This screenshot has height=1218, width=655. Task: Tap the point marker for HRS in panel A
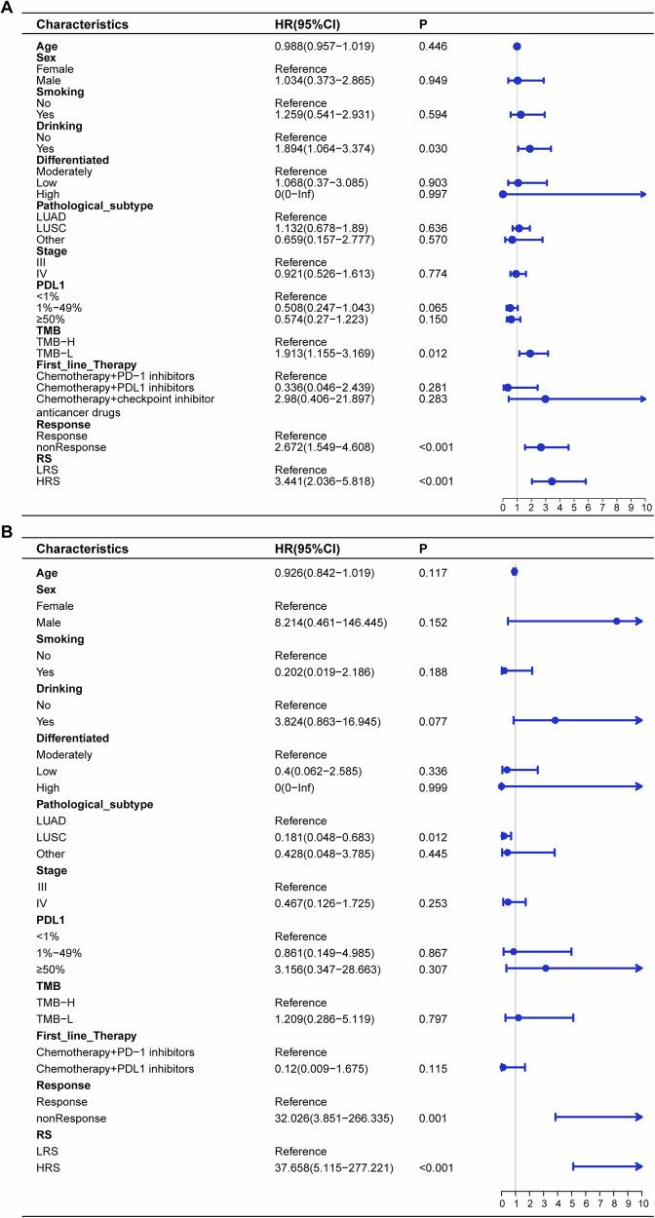(x=552, y=481)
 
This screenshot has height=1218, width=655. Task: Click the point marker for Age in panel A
(x=517, y=46)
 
